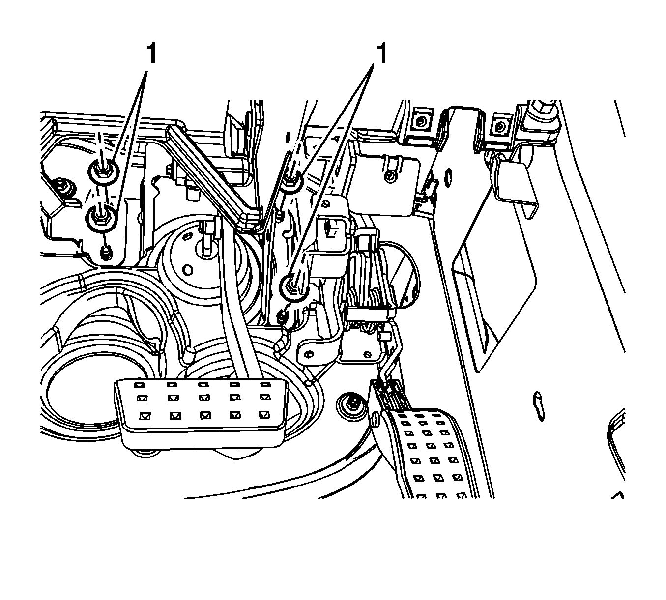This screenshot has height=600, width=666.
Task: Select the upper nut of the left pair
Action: click(x=101, y=171)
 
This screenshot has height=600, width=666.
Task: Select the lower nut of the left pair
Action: click(x=102, y=216)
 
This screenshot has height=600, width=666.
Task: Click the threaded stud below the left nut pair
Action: click(x=105, y=253)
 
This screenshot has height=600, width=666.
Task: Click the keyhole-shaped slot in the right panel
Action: click(x=539, y=406)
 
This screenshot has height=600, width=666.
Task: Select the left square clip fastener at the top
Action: click(x=420, y=120)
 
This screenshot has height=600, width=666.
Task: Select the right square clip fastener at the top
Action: click(x=499, y=127)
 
